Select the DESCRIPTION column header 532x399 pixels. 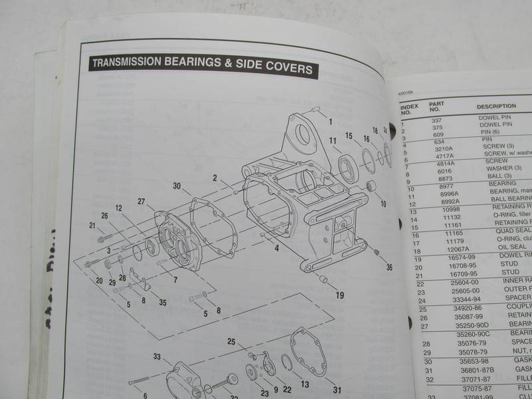496,106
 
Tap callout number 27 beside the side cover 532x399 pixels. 141,201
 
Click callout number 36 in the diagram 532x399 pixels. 389,267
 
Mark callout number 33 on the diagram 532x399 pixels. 156,357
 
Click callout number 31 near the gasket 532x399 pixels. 337,390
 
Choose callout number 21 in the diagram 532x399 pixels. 92,227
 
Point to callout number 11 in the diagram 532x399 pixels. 332,140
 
